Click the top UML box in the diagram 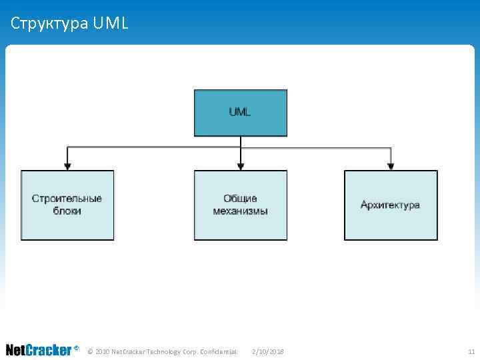pyautogui.click(x=240, y=113)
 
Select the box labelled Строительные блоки pyautogui.click(x=67, y=205)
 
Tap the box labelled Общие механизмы pyautogui.click(x=240, y=205)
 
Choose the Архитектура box pyautogui.click(x=391, y=205)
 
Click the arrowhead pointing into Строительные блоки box pyautogui.click(x=67, y=165)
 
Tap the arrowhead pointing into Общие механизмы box pyautogui.click(x=241, y=165)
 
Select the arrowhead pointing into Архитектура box pyautogui.click(x=391, y=165)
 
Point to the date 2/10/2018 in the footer pyautogui.click(x=268, y=351)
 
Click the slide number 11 pyautogui.click(x=471, y=351)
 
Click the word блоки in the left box pyautogui.click(x=67, y=211)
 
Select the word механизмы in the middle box pyautogui.click(x=240, y=211)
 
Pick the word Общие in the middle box pyautogui.click(x=240, y=199)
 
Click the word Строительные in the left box pyautogui.click(x=67, y=199)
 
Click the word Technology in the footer pyautogui.click(x=165, y=351)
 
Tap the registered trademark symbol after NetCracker pyautogui.click(x=77, y=348)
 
